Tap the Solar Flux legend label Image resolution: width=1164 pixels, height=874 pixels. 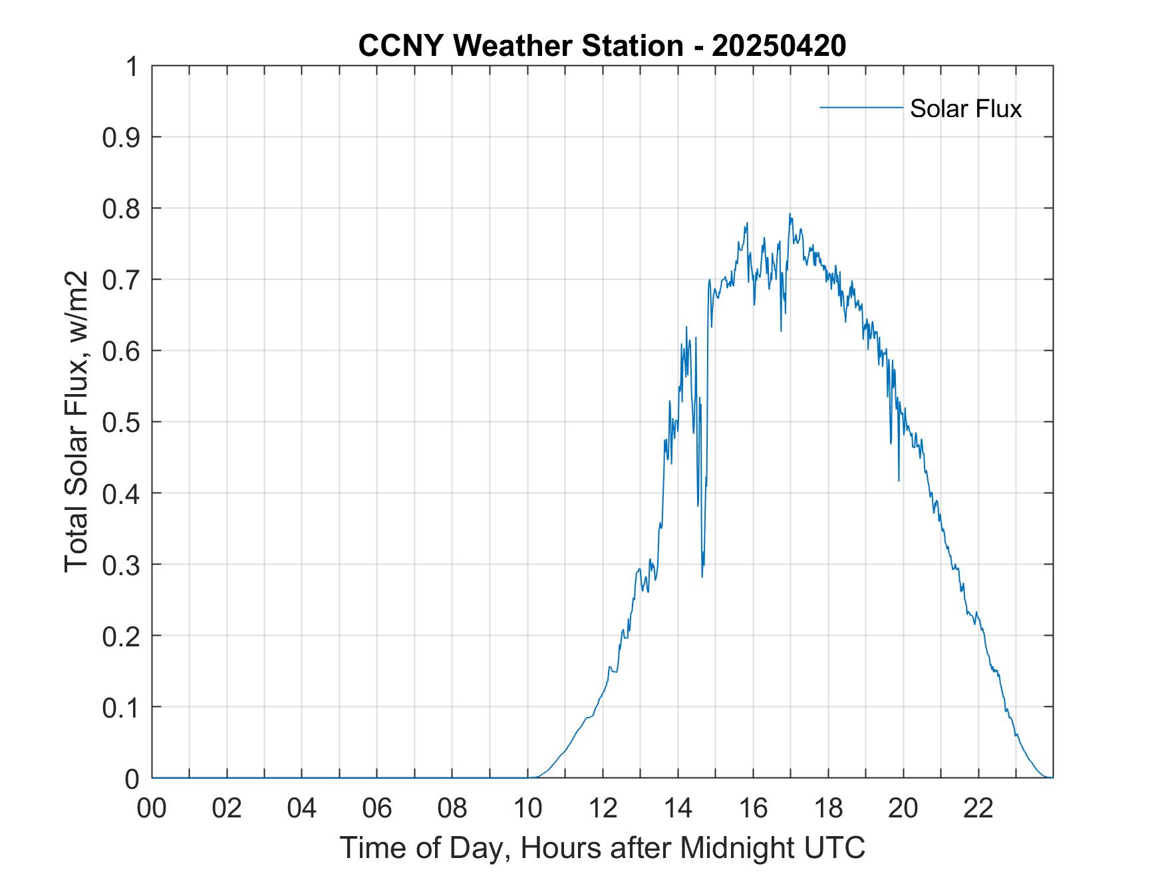click(x=965, y=109)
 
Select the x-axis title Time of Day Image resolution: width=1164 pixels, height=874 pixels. click(x=602, y=847)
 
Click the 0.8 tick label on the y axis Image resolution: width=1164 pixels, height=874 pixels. click(x=122, y=209)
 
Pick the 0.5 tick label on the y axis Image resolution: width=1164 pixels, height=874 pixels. click(x=122, y=423)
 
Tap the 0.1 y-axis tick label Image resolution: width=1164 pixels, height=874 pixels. click(x=122, y=708)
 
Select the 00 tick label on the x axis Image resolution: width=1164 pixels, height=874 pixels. click(x=152, y=809)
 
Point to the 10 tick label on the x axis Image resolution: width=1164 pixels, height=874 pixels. click(x=527, y=809)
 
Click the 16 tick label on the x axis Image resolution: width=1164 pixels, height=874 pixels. click(x=753, y=809)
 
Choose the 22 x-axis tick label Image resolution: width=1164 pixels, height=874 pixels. click(x=978, y=809)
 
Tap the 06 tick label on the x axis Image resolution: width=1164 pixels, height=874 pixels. click(x=377, y=809)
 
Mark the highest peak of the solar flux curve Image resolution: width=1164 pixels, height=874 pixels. click(x=790, y=214)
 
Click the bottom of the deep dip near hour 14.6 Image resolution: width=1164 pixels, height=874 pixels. click(x=702, y=576)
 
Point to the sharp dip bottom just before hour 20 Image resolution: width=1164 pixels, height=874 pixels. click(x=899, y=480)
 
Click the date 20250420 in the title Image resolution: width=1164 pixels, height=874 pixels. click(x=779, y=46)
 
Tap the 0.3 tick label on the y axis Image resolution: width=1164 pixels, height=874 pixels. click(x=122, y=565)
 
